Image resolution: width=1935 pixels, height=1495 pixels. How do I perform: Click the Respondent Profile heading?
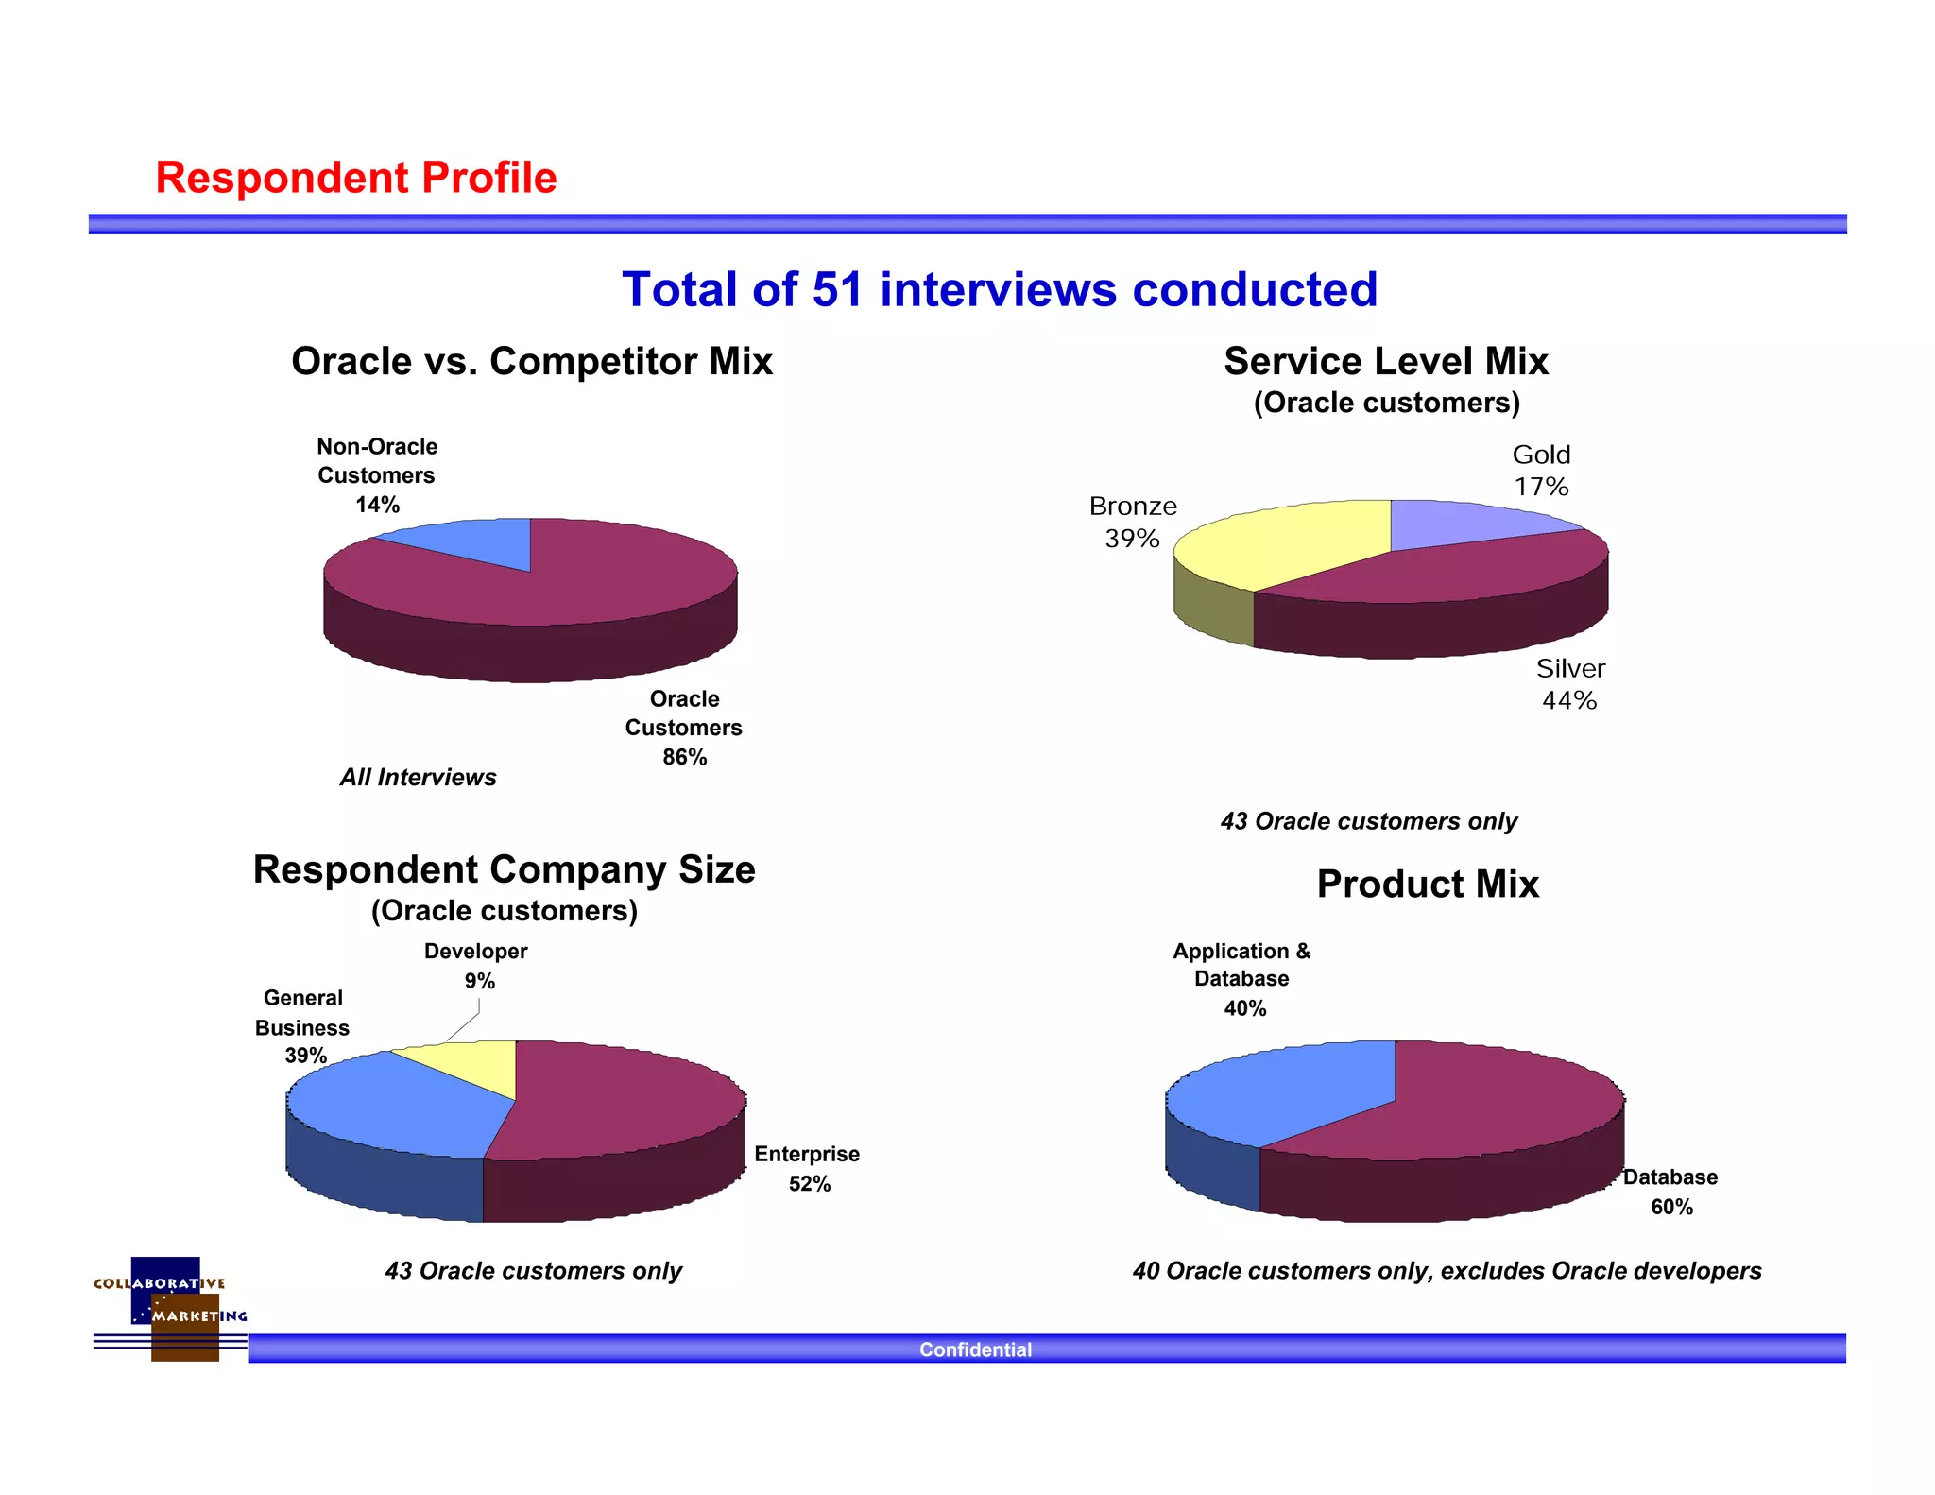click(x=355, y=178)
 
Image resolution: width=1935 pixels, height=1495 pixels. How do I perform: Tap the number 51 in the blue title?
click(x=837, y=289)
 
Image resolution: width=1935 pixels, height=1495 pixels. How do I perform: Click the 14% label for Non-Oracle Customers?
click(x=377, y=505)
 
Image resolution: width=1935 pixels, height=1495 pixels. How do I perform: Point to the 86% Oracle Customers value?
click(x=684, y=757)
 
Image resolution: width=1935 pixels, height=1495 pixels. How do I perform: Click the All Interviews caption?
click(x=418, y=777)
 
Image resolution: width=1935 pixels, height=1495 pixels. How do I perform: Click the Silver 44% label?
click(x=1569, y=684)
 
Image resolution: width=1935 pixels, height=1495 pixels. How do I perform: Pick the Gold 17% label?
click(x=1541, y=471)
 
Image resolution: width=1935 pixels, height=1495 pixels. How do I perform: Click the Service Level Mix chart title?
click(x=1385, y=361)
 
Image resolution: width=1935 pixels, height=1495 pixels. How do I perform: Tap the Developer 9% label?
click(x=476, y=966)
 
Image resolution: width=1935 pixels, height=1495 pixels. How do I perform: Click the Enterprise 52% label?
click(x=807, y=1169)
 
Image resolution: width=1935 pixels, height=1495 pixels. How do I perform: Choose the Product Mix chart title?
click(x=1427, y=885)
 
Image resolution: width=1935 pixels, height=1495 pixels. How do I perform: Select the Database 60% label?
click(x=1670, y=1192)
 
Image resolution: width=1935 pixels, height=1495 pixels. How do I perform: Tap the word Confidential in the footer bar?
click(x=975, y=1349)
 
